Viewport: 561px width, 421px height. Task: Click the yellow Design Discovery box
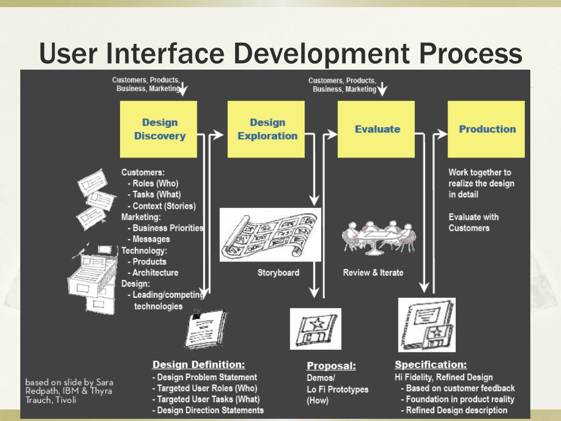159,129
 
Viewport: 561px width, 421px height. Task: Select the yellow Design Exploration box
267,129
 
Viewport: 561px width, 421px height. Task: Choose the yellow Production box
486,129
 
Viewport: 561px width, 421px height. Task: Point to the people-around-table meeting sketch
376,237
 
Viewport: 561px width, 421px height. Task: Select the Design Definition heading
198,365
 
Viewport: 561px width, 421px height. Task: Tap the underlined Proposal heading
331,366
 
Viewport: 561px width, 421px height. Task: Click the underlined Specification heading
431,365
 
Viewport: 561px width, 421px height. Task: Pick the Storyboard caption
278,272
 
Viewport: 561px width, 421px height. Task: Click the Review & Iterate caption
373,272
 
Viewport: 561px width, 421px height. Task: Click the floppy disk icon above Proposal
316,328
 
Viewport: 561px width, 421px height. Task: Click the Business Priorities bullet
168,228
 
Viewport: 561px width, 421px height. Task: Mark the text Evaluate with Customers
473,222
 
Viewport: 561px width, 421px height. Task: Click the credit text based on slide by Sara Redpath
69,390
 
